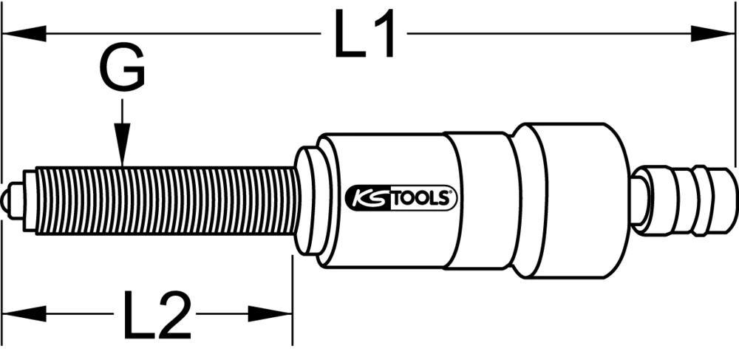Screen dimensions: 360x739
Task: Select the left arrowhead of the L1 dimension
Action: pyautogui.click(x=22, y=33)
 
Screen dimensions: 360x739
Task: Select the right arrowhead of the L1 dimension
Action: pyautogui.click(x=714, y=33)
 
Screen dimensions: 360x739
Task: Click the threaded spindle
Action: pyautogui.click(x=166, y=200)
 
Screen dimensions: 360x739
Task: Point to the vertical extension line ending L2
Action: pyautogui.click(x=293, y=296)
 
